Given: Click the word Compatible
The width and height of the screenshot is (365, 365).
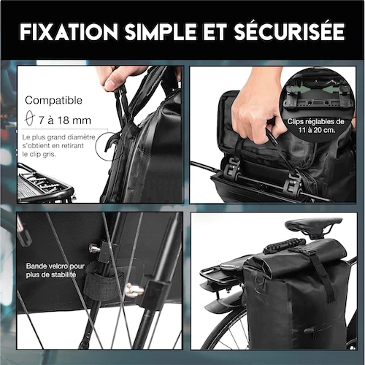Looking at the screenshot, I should point(53,101).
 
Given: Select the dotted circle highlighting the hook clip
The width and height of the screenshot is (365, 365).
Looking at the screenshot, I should point(112,149).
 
